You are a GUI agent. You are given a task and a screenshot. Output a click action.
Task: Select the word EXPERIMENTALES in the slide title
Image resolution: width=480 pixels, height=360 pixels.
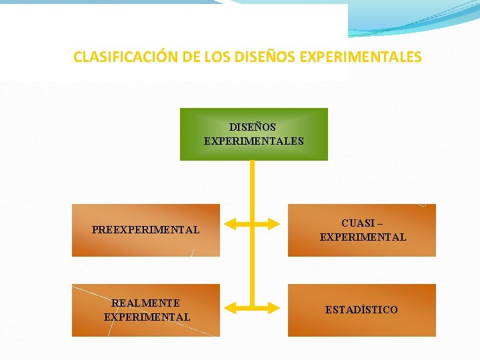(361, 57)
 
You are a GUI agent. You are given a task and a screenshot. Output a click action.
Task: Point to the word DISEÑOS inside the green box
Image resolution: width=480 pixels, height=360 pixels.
(253, 127)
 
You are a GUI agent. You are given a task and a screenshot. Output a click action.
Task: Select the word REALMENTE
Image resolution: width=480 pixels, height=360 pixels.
(146, 303)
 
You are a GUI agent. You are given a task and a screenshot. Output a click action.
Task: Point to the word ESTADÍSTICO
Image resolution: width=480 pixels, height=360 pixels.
(361, 310)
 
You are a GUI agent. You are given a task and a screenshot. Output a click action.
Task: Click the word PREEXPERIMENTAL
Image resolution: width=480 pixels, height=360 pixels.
(145, 230)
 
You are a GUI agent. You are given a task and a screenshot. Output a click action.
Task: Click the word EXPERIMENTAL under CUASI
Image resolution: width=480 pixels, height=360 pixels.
(363, 237)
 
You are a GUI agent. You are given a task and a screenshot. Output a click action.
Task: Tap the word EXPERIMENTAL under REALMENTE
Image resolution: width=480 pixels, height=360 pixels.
(147, 317)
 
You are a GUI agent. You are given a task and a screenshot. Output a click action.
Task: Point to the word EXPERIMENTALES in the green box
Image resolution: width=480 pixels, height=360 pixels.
(253, 141)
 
